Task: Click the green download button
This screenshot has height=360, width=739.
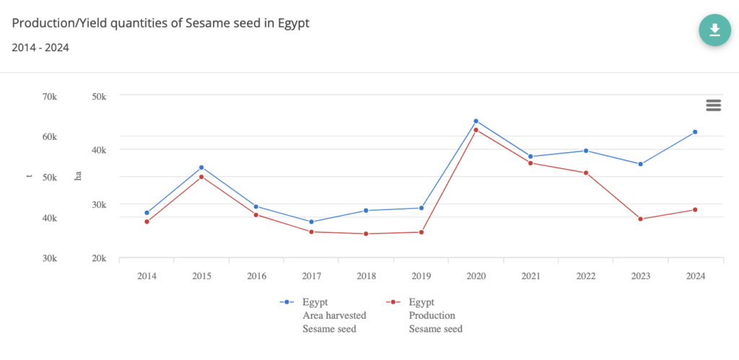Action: pyautogui.click(x=714, y=30)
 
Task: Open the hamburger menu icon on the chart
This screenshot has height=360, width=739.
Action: pyautogui.click(x=714, y=105)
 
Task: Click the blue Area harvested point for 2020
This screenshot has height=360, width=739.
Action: pyautogui.click(x=476, y=121)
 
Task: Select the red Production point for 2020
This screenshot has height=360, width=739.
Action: pyautogui.click(x=476, y=130)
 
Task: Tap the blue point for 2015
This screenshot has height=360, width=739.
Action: pyautogui.click(x=201, y=167)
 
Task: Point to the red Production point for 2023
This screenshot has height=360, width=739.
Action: pyautogui.click(x=640, y=219)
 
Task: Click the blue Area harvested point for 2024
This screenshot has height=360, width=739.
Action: pyautogui.click(x=695, y=132)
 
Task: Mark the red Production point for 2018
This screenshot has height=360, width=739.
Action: pyautogui.click(x=366, y=234)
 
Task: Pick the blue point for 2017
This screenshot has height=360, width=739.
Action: pyautogui.click(x=311, y=222)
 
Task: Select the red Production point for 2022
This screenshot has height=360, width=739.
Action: pyautogui.click(x=585, y=173)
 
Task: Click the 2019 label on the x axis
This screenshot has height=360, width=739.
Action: pyautogui.click(x=421, y=276)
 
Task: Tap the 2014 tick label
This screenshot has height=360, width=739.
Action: pyautogui.click(x=147, y=276)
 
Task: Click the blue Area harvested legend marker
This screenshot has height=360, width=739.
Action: pyautogui.click(x=287, y=302)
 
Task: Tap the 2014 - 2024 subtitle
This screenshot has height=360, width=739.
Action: pyautogui.click(x=40, y=48)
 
